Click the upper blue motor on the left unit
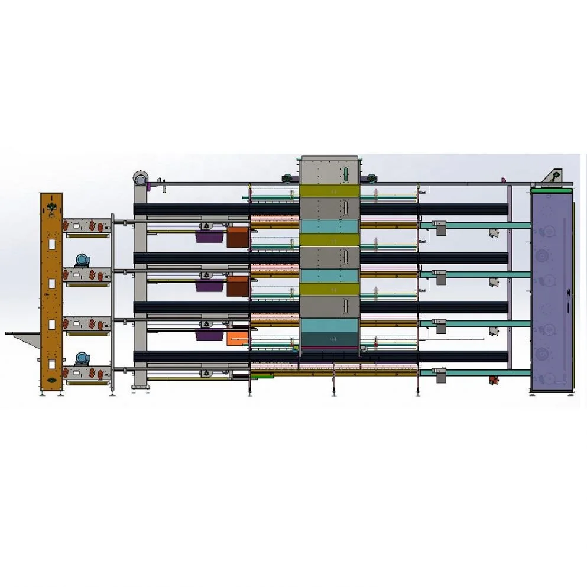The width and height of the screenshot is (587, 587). click(82, 260)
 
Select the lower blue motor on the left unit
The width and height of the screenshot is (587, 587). click(82, 358)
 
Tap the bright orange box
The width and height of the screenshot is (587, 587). click(237, 338)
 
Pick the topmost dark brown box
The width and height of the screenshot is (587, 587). click(238, 236)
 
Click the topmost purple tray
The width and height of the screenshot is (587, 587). click(210, 237)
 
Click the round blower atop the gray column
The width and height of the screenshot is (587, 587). click(141, 176)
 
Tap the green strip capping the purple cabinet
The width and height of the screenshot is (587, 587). click(552, 190)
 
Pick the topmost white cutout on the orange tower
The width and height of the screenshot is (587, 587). click(52, 244)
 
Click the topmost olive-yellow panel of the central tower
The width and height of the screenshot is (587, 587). click(330, 191)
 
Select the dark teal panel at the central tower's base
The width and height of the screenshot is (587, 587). click(330, 339)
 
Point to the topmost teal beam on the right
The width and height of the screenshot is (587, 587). click(473, 225)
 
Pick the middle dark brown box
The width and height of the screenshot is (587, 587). click(237, 286)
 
